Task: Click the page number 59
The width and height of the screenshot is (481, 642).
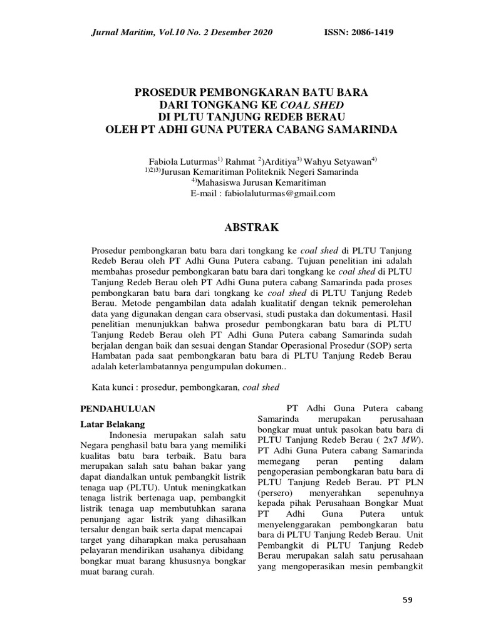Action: tap(407, 601)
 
